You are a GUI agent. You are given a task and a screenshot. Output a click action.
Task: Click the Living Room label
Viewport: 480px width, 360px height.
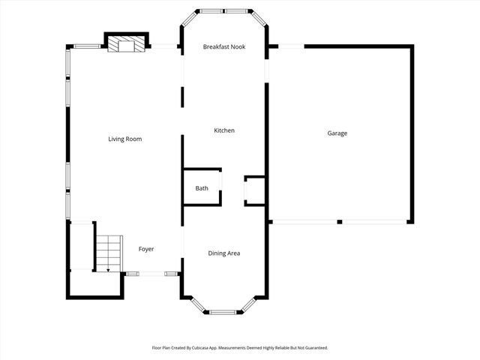[124, 139]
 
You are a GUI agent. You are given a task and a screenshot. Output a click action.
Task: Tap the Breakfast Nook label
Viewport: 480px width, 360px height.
[224, 47]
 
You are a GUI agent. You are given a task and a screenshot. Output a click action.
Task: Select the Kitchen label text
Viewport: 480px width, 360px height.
[224, 130]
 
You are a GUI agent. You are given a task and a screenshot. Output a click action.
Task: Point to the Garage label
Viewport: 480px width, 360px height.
[337, 133]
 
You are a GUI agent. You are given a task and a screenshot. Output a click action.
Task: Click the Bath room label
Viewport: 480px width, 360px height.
[202, 188]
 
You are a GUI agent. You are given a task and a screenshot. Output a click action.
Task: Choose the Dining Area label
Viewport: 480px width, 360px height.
[223, 253]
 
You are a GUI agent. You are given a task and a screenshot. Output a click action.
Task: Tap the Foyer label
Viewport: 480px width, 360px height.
[146, 249]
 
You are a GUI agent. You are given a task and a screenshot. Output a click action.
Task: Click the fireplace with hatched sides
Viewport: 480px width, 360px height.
[125, 46]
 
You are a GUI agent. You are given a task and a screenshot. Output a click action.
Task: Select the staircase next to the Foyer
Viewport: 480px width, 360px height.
[108, 253]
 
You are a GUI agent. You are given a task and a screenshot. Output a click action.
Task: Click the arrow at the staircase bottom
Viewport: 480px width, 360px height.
[108, 268]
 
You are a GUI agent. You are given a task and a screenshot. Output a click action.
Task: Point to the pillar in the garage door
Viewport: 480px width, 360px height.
[340, 222]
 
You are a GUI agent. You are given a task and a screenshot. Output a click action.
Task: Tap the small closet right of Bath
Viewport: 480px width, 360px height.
[254, 190]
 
